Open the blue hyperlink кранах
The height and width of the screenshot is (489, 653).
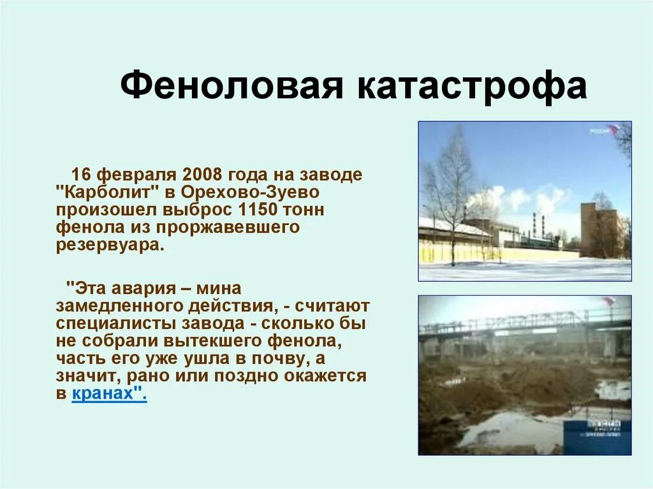pos(107,394)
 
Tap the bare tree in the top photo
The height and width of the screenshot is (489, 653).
pos(451,185)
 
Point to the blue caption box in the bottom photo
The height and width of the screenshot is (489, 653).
pos(598,436)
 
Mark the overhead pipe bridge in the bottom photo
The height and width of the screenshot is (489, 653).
pos(523,324)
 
